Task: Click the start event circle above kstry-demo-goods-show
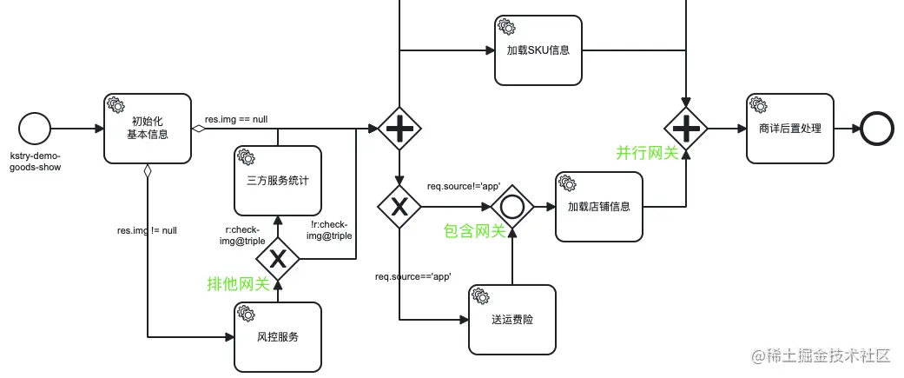coord(35,129)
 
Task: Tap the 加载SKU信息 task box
coord(538,50)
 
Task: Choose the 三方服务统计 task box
coord(278,181)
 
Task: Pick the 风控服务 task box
coord(278,336)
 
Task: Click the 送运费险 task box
coord(511,319)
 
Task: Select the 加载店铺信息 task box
coord(598,207)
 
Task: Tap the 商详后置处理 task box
coord(789,129)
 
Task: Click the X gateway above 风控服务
coord(278,258)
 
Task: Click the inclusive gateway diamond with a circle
coord(511,207)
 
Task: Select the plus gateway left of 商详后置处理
coord(686,129)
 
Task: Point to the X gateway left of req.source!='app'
coord(399,207)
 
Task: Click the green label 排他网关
coord(237,283)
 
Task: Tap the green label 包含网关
coord(474,231)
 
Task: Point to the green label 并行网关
coord(647,153)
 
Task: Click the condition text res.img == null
coord(235,119)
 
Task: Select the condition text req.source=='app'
coord(413,276)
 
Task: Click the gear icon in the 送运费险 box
coord(481,296)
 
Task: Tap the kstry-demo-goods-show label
coord(36,161)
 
